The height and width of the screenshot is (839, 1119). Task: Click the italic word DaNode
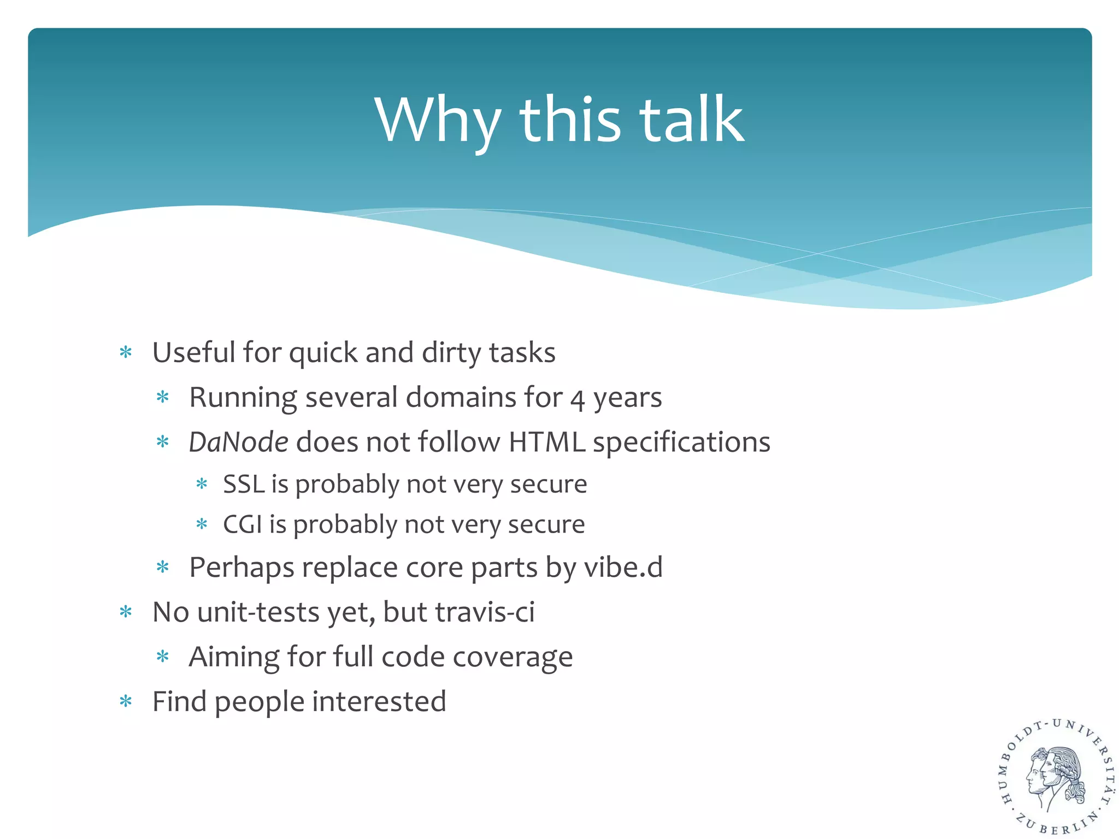(x=238, y=441)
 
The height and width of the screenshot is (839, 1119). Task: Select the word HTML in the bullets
(x=546, y=441)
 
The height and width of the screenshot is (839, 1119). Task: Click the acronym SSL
(x=244, y=484)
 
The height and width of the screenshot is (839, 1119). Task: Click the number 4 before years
(x=578, y=399)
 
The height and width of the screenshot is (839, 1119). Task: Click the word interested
(x=379, y=701)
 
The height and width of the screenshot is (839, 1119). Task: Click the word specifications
(x=681, y=442)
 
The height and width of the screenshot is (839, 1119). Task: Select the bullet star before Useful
(x=126, y=353)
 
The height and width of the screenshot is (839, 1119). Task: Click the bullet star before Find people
(x=126, y=701)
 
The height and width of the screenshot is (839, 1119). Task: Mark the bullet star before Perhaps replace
(x=163, y=568)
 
